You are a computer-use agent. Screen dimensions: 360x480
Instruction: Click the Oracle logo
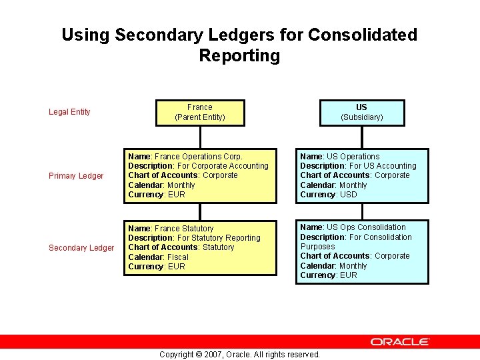(x=400, y=341)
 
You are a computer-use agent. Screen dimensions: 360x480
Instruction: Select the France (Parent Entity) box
(x=199, y=112)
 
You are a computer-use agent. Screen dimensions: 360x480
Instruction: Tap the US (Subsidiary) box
(x=361, y=112)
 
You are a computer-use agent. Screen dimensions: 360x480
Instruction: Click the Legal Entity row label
(x=69, y=112)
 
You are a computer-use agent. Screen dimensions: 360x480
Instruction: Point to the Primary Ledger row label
(x=76, y=176)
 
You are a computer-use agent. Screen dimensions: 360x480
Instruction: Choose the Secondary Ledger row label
(x=81, y=248)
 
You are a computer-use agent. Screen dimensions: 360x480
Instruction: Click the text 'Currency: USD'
(x=328, y=195)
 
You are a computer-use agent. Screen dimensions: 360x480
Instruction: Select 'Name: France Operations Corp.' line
(x=185, y=157)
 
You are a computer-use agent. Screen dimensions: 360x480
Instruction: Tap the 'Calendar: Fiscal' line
(x=158, y=257)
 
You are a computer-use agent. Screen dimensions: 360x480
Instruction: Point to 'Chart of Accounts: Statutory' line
(x=181, y=247)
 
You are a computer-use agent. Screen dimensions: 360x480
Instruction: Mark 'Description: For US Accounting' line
(x=357, y=166)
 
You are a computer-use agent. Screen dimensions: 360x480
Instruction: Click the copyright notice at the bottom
(x=239, y=354)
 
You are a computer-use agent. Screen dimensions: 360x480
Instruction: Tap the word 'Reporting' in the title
(x=239, y=55)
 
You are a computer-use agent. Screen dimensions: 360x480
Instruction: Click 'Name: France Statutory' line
(x=171, y=229)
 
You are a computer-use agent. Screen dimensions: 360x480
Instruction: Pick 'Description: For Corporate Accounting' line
(x=198, y=166)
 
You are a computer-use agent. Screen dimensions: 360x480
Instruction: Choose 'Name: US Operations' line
(x=339, y=157)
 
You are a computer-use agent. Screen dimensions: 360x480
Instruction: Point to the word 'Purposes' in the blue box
(x=317, y=247)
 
